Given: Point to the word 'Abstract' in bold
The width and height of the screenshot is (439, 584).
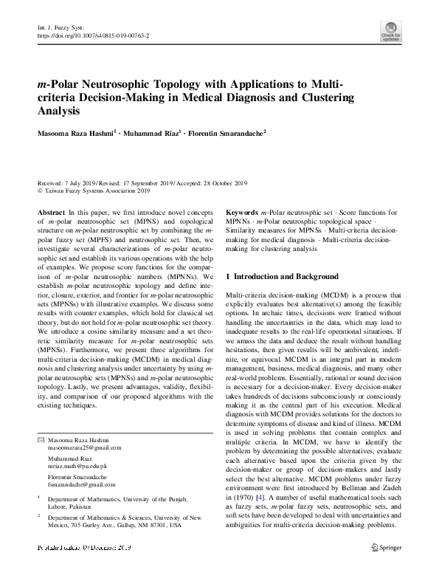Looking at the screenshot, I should [51, 212].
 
